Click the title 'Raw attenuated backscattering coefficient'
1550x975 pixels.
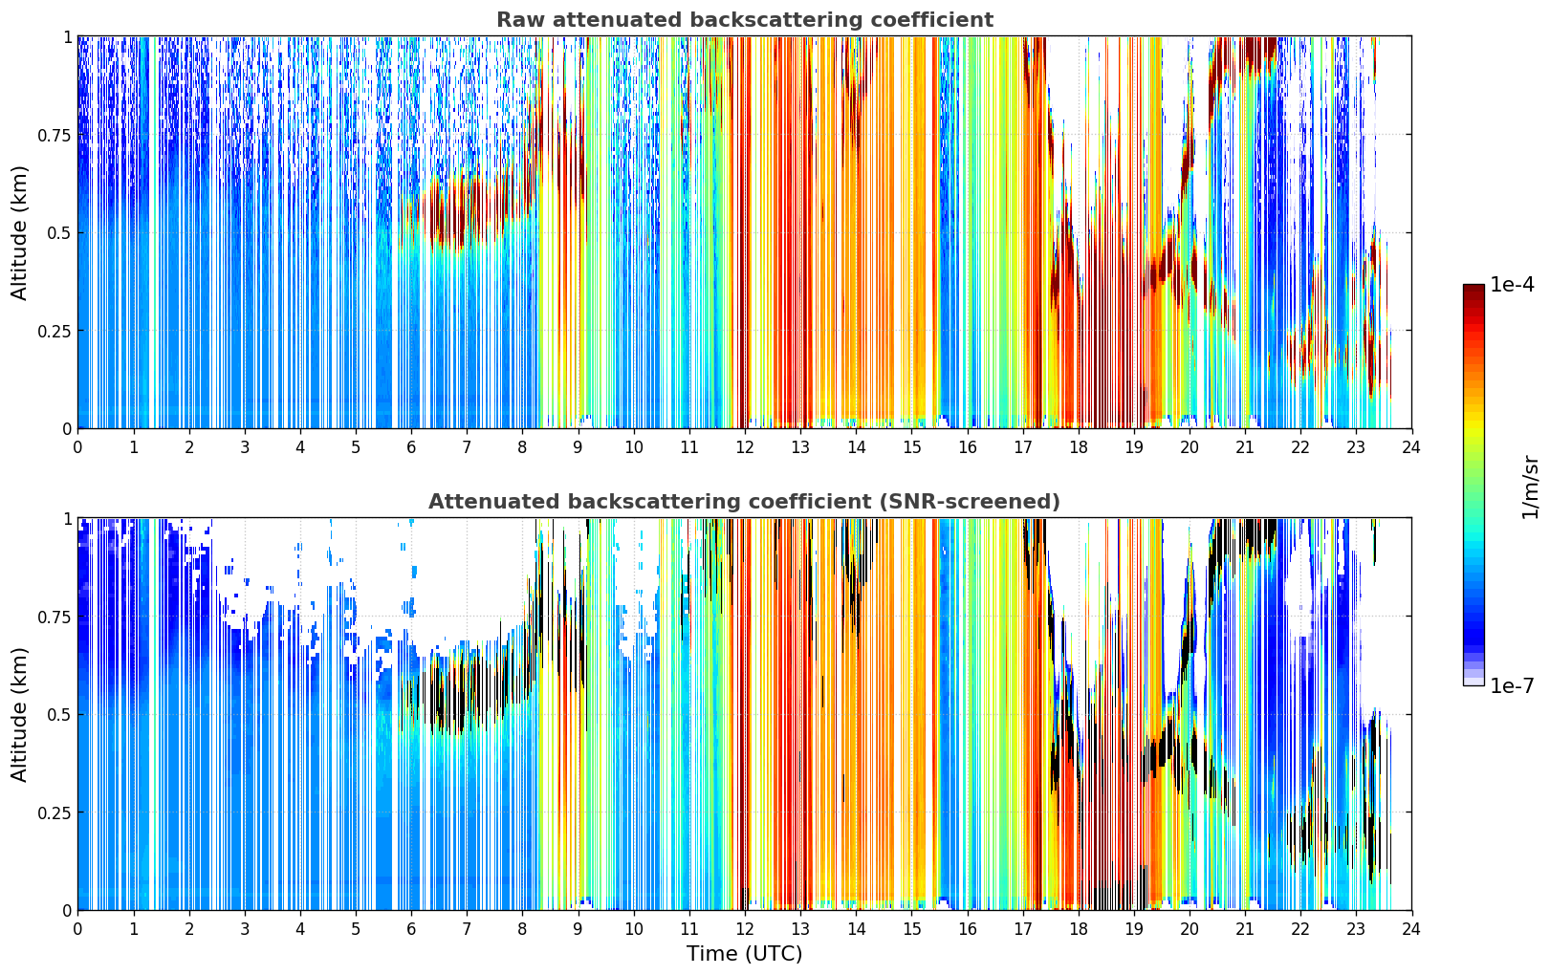point(745,19)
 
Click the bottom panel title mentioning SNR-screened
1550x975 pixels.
point(745,501)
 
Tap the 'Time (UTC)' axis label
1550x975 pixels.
point(745,954)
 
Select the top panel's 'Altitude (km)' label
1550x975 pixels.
point(19,232)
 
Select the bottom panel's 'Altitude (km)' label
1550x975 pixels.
point(19,714)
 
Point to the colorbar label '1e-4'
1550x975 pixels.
point(1512,284)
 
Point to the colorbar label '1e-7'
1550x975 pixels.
point(1512,686)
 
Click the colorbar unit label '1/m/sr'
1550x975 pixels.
point(1530,487)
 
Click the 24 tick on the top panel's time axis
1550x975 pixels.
point(1411,446)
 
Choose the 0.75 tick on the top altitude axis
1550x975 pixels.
point(55,135)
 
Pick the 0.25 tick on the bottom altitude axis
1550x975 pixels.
point(55,812)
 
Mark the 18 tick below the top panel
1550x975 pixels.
point(1078,446)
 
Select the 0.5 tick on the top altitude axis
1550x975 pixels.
point(59,233)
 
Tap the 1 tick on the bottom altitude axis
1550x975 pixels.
point(68,519)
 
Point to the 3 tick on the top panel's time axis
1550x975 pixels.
point(244,446)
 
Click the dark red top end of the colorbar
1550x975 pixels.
point(1474,289)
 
